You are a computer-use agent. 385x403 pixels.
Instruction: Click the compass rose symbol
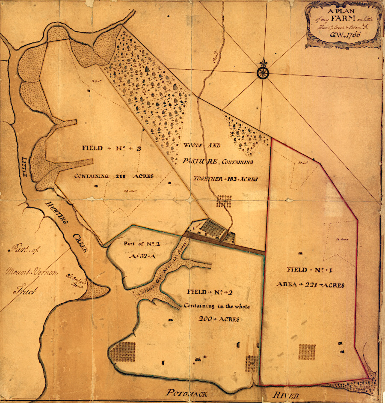pyautogui.click(x=262, y=73)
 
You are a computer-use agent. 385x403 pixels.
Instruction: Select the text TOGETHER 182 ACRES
pyautogui.click(x=225, y=179)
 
